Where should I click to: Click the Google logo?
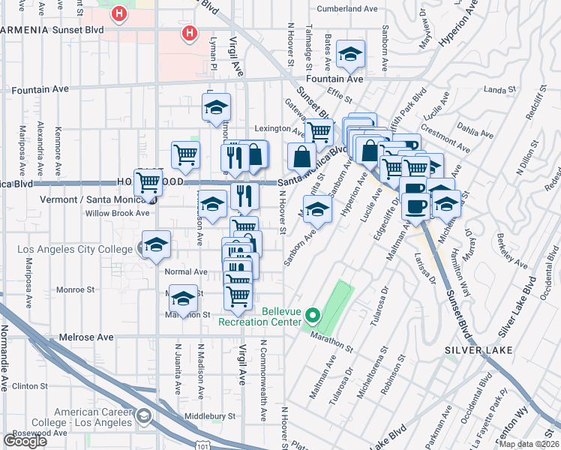coord(25,441)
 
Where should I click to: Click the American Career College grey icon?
coord(144,415)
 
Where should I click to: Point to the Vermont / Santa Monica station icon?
coord(153,200)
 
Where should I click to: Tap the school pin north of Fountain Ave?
coord(349,54)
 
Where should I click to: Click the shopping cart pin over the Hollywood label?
coord(148,181)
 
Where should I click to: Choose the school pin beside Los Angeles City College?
coord(156,244)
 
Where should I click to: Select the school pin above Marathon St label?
coord(182,299)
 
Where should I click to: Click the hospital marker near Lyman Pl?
coord(190,33)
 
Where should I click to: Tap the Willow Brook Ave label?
coord(117,213)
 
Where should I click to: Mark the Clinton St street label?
coord(30,386)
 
